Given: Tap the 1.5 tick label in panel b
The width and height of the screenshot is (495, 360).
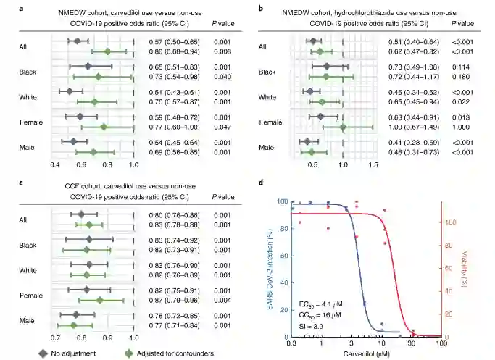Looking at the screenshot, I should pos(373,165).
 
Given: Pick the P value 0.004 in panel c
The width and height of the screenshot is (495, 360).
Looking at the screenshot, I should pos(222,299).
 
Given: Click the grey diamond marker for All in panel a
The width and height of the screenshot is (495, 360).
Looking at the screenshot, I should pos(78,41).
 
